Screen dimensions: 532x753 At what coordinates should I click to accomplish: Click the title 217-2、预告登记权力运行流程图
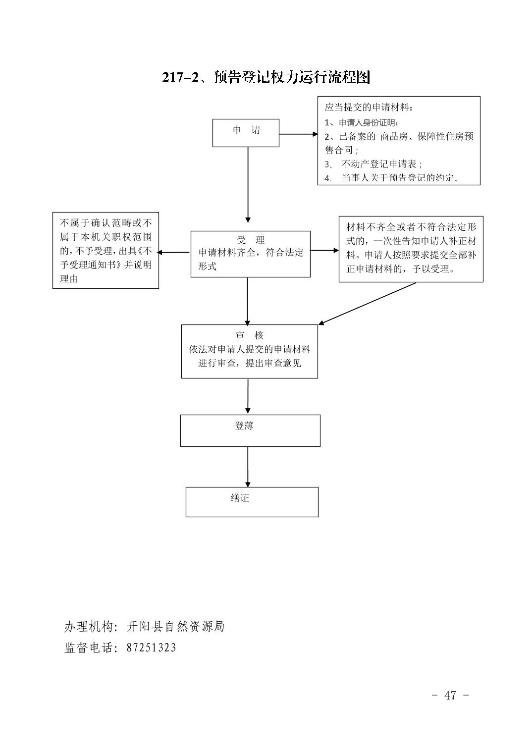pyautogui.click(x=266, y=77)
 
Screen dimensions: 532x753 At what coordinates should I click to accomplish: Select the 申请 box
pyautogui.click(x=246, y=133)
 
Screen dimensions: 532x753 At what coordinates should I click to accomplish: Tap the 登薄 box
pyautogui.click(x=250, y=430)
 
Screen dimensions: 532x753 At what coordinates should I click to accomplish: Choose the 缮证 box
pyautogui.click(x=252, y=502)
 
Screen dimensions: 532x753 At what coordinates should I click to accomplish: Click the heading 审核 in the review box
pyautogui.click(x=249, y=335)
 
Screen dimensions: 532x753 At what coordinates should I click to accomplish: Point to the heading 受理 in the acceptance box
pyautogui.click(x=250, y=240)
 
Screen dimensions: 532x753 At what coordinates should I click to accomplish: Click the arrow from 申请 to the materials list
pyautogui.click(x=298, y=134)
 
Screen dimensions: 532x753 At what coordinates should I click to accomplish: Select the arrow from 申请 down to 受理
pyautogui.click(x=248, y=185)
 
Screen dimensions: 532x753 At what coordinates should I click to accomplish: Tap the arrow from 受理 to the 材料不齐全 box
pyautogui.click(x=324, y=251)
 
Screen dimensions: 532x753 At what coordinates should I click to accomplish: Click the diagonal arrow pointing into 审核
pyautogui.click(x=367, y=304)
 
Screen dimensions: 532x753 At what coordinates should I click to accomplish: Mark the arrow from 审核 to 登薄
pyautogui.click(x=248, y=396)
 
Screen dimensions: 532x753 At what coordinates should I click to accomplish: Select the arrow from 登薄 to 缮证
pyautogui.click(x=248, y=467)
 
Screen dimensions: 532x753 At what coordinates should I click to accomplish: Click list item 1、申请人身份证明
pyautogui.click(x=361, y=122)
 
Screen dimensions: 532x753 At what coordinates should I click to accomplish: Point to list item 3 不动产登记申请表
pyautogui.click(x=373, y=164)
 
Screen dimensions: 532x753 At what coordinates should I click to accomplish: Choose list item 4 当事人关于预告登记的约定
pyautogui.click(x=391, y=177)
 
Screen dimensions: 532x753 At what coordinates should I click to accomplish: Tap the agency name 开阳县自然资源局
pyautogui.click(x=175, y=626)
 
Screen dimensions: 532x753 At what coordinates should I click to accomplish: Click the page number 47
pyautogui.click(x=450, y=695)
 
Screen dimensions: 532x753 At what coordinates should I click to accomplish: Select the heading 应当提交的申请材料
pyautogui.click(x=369, y=108)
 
